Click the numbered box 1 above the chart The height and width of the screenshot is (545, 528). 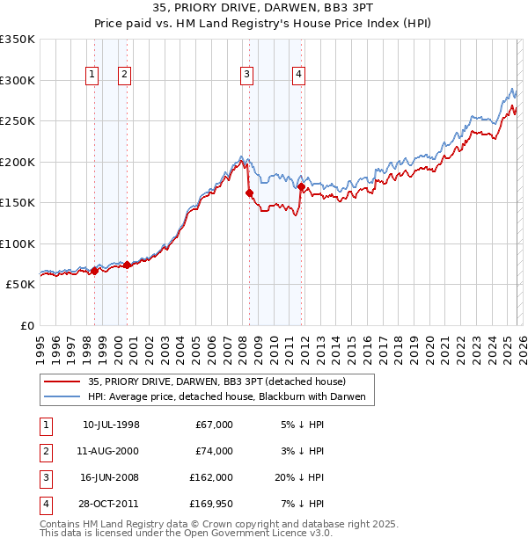[92, 76]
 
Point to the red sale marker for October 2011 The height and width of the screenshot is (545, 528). [301, 187]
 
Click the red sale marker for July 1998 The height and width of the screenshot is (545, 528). [94, 271]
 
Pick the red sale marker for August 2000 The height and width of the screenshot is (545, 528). [127, 265]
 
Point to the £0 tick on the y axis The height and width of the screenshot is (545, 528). [26, 326]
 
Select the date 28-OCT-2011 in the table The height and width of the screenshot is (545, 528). [111, 504]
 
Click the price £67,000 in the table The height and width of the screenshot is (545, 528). [214, 425]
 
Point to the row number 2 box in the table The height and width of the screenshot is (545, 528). [44, 451]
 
